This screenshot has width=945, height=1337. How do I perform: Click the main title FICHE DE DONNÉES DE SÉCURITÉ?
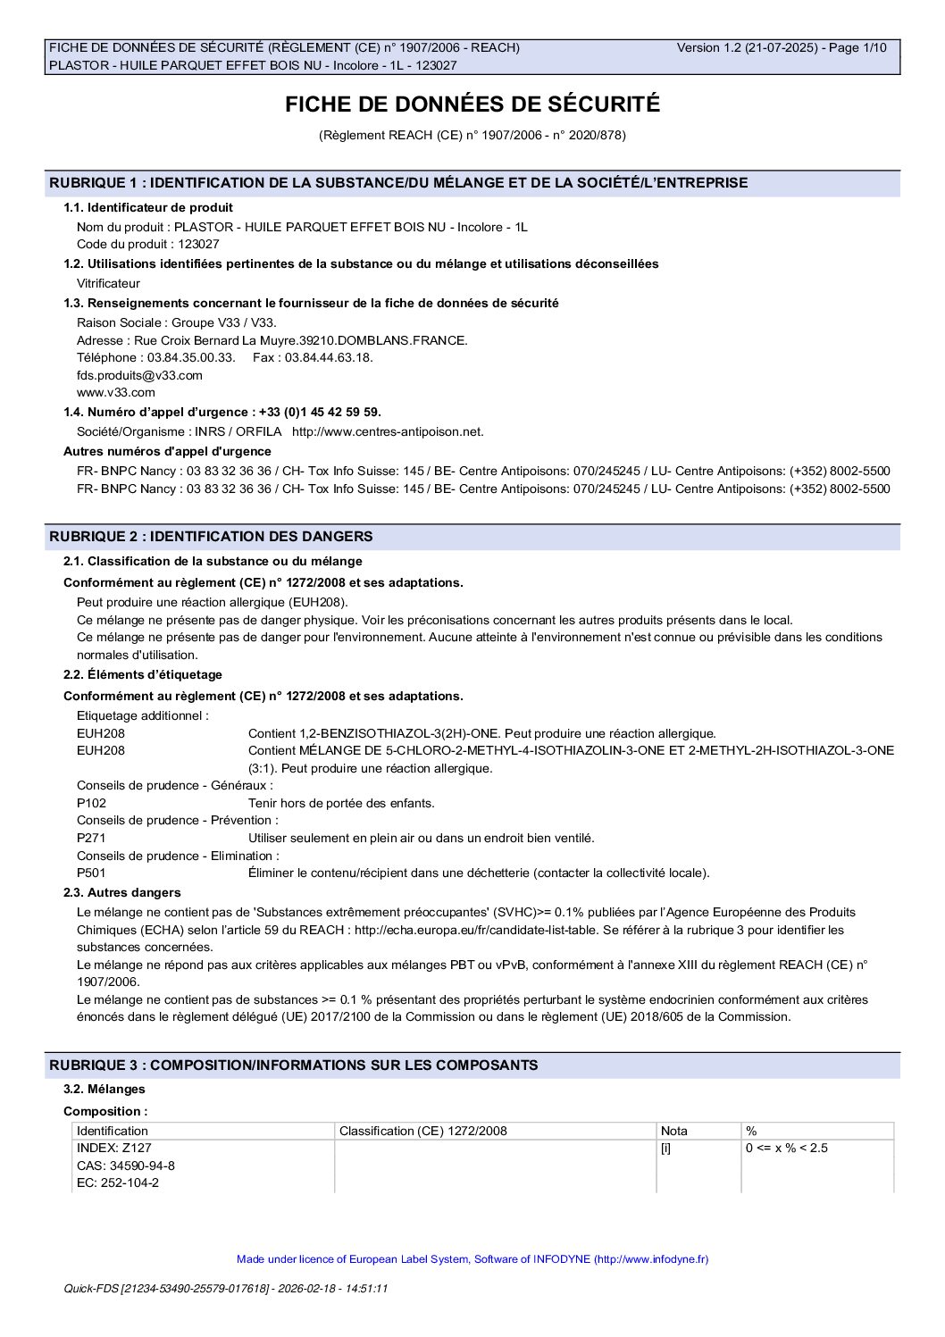pos(472,104)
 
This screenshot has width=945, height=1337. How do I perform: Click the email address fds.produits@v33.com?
pos(139,375)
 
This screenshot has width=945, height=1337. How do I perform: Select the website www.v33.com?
pos(115,392)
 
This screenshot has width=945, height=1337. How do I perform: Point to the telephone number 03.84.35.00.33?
pos(191,357)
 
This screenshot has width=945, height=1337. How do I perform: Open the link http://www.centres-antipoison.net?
pos(388,431)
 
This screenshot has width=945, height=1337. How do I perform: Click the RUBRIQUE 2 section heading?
pos(211,537)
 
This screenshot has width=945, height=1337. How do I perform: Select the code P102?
pos(91,803)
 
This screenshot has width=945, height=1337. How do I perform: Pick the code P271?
pos(91,838)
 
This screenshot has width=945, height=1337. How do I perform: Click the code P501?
pos(91,873)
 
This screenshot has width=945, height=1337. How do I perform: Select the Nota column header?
pos(673,1131)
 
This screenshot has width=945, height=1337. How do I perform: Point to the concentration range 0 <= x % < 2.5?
pos(786,1148)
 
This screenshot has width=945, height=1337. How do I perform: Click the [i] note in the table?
pos(665,1148)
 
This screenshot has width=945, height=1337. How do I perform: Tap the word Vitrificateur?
pos(108,283)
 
